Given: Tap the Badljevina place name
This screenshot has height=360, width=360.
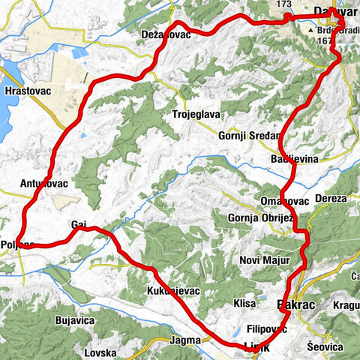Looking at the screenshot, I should pos(293,160).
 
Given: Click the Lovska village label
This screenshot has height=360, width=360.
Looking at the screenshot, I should pos(100,352).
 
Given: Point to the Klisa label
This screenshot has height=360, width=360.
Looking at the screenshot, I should pos(244,304).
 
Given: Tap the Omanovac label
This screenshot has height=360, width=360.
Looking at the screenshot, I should pos(279,200).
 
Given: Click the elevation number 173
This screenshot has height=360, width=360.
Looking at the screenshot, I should pos(283,4).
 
